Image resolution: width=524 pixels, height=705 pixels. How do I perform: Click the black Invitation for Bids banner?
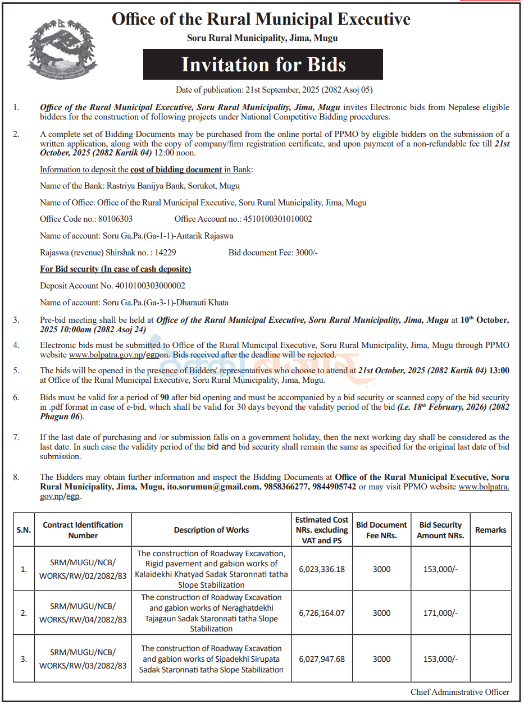click(263, 65)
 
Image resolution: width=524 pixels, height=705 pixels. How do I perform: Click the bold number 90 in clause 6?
click(166, 397)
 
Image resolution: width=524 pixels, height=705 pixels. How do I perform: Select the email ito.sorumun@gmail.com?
click(212, 487)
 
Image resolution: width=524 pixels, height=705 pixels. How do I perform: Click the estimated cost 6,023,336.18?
click(322, 569)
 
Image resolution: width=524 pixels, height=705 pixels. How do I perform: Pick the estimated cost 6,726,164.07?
click(322, 613)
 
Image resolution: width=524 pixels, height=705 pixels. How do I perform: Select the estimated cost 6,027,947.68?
click(322, 659)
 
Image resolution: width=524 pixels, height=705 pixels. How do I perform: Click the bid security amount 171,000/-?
click(440, 613)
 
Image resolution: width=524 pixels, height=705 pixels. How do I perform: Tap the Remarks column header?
click(490, 530)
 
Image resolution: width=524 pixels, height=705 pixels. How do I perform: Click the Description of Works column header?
click(211, 530)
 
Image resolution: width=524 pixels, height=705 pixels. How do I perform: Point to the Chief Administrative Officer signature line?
click(459, 692)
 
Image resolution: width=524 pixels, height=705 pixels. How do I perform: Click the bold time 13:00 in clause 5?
click(499, 370)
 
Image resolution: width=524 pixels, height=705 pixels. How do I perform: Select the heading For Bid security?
click(115, 269)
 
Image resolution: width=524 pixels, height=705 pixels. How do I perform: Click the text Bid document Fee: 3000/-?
click(273, 253)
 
